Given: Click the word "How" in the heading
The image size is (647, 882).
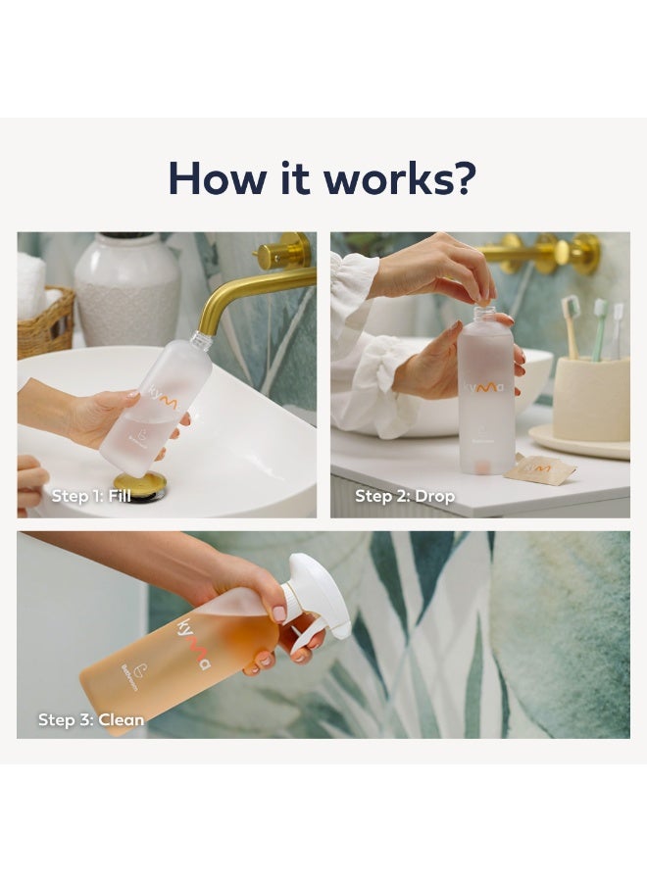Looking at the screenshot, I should click(214, 177).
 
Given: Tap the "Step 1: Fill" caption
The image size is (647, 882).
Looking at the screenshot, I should click(91, 496).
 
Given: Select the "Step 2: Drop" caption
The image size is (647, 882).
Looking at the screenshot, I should click(405, 496).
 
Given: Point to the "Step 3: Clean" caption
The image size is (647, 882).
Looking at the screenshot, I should click(91, 719).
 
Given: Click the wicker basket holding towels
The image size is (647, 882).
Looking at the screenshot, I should click(46, 322).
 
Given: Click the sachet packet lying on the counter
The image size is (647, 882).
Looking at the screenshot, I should click(540, 470).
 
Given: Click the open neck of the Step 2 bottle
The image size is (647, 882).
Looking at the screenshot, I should click(484, 313).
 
